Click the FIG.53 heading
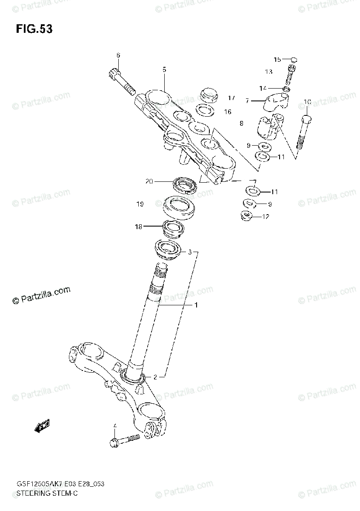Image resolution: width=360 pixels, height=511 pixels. tap(34, 29)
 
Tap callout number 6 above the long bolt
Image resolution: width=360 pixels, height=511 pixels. tap(118, 55)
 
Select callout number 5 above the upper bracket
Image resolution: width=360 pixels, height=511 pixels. tap(164, 69)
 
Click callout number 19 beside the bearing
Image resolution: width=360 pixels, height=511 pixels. tap(140, 204)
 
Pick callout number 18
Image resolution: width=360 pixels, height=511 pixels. tap(138, 227)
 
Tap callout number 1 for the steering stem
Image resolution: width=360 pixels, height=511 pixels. tap(196, 305)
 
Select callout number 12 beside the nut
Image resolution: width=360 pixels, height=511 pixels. tap(266, 217)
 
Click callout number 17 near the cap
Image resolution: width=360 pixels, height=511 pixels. tap(231, 98)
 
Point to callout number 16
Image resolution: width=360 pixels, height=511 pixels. tap(228, 112)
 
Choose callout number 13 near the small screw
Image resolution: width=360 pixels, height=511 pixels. tap(269, 72)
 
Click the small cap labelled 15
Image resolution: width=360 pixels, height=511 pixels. tap(294, 60)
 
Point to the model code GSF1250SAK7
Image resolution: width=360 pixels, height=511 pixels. tap(38, 485)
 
